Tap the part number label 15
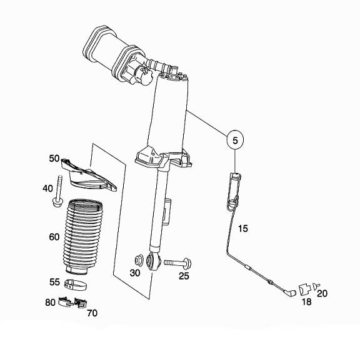point(243,229)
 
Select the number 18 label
point(307,301)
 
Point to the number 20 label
point(322,293)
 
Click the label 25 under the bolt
point(184,275)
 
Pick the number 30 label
point(135,273)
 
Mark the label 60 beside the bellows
point(54,237)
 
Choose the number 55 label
point(54,282)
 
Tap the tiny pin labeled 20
point(316,285)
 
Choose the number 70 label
point(92,314)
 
